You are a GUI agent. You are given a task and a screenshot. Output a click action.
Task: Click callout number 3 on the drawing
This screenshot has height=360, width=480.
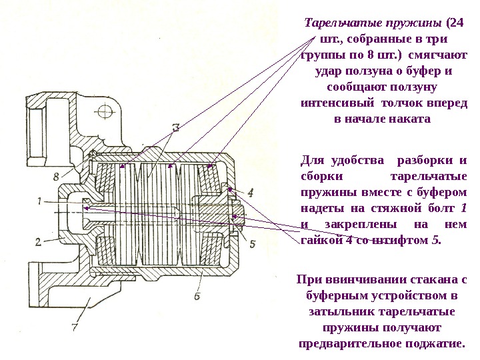pyautogui.click(x=175, y=127)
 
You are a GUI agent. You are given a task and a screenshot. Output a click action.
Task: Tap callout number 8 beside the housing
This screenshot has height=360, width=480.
pyautogui.click(x=56, y=176)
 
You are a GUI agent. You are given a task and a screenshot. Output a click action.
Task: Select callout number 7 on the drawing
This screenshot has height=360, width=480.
pyautogui.click(x=75, y=327)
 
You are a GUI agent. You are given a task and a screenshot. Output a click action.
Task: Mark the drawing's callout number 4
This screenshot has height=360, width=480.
pyautogui.click(x=250, y=192)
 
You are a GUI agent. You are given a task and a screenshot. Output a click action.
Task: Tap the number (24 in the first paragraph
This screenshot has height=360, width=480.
pyautogui.click(x=458, y=23)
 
